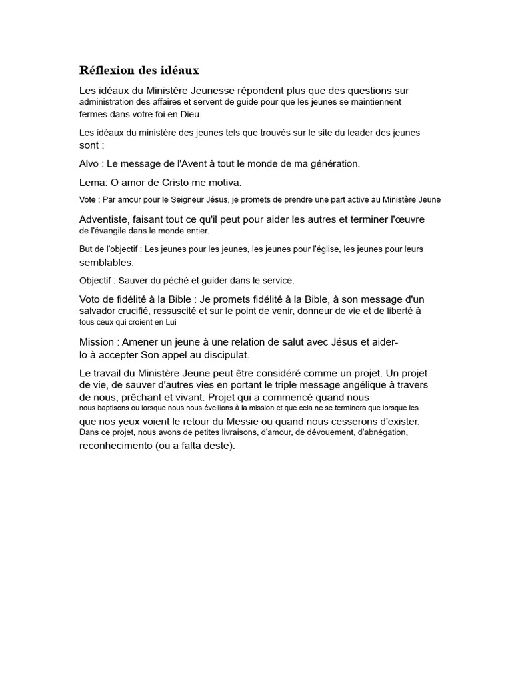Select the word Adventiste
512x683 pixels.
[x=104, y=219]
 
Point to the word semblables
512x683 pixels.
[x=106, y=263]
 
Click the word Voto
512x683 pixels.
[x=91, y=299]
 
